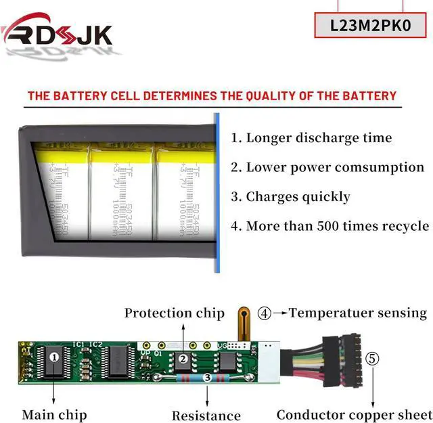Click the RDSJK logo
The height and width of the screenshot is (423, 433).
coord(58,32)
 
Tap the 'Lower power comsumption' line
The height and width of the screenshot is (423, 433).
coord(327,167)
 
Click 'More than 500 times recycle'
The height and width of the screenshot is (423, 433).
coord(329,226)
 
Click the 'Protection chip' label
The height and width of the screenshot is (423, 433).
coord(174,313)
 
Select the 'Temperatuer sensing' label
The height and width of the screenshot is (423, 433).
coord(358,313)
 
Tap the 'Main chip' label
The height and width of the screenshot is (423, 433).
coord(54,414)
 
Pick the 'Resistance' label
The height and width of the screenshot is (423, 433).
coord(206,416)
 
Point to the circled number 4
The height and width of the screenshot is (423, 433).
coord(265,313)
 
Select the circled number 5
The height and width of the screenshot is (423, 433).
coord(373,358)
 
